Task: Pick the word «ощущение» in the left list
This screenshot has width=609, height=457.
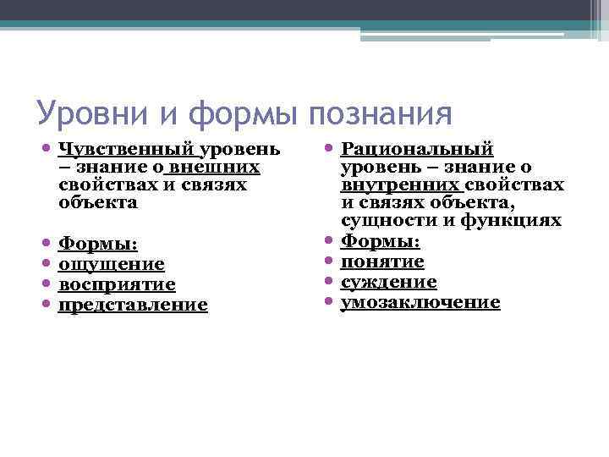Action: pos(111,264)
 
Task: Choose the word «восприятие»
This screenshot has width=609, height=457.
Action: pos(117,284)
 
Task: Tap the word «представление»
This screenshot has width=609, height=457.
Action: pos(133,305)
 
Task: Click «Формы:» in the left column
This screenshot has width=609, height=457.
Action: pos(97,244)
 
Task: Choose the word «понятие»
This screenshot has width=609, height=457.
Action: pos(382,262)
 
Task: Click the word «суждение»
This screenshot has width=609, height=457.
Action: pos(389,282)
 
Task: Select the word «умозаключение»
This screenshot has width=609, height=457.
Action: pos(420,302)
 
